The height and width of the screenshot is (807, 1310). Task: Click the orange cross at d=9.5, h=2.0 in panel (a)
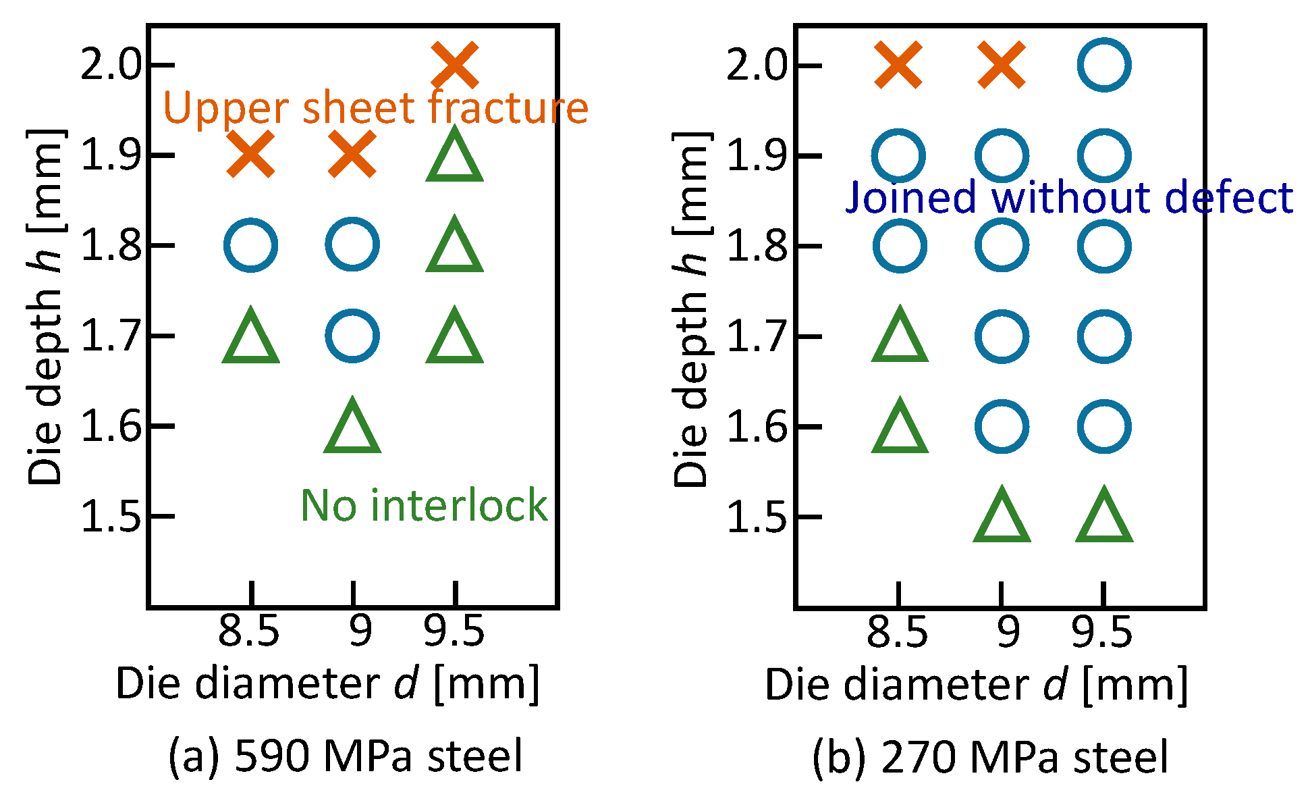(455, 65)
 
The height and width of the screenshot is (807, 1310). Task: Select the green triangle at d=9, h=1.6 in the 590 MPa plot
(352, 428)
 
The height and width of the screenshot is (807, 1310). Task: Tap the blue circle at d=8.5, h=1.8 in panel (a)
(250, 245)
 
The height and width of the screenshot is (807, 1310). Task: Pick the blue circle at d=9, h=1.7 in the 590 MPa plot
(352, 336)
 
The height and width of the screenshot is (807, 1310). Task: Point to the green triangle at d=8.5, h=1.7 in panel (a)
(250, 338)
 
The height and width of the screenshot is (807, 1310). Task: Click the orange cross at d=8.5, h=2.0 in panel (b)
(898, 65)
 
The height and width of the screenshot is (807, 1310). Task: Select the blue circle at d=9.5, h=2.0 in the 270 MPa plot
(1104, 65)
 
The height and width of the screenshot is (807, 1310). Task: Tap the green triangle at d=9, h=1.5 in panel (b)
(1002, 518)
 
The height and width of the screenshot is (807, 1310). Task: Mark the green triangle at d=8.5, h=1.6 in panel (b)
(900, 428)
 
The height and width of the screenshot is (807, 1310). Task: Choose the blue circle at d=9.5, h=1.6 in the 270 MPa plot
(1104, 426)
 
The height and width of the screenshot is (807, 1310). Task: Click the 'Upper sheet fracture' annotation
(376, 108)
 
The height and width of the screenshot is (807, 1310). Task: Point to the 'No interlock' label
(424, 505)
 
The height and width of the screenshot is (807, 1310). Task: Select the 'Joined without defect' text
(1069, 197)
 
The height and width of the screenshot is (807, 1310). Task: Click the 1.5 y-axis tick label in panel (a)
(111, 517)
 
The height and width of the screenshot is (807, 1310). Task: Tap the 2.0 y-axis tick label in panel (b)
(757, 66)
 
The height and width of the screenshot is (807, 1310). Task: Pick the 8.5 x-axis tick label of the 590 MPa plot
(248, 632)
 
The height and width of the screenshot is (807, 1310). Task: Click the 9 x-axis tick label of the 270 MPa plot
(1008, 632)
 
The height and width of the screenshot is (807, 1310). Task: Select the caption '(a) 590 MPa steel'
(345, 756)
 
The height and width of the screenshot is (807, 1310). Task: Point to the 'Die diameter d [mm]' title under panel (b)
(976, 685)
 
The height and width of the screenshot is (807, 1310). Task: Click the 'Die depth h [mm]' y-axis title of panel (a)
(46, 307)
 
